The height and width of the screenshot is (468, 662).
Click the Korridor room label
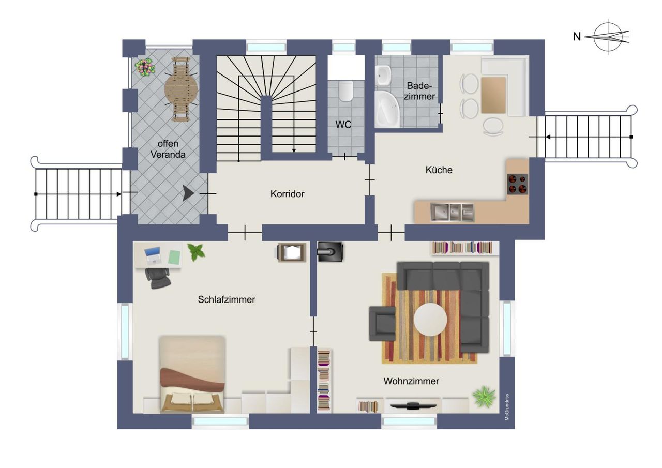287,194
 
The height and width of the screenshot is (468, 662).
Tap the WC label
343,125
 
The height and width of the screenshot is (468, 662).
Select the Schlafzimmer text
227,299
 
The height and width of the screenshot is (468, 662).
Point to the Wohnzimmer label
411,381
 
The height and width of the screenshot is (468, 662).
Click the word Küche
439,170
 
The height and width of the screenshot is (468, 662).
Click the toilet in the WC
346,90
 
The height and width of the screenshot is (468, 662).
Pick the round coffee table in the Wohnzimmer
430,320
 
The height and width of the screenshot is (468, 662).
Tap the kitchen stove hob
518,184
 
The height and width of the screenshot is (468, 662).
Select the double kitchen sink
452,212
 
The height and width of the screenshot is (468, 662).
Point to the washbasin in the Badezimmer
383,75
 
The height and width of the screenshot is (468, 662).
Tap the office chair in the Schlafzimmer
158,278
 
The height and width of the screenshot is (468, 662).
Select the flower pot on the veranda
145,67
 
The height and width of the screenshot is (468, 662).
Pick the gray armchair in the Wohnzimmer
382,324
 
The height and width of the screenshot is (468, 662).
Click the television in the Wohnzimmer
413,406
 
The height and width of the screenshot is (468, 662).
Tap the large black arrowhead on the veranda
188,193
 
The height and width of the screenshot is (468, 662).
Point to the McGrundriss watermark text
507,407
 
